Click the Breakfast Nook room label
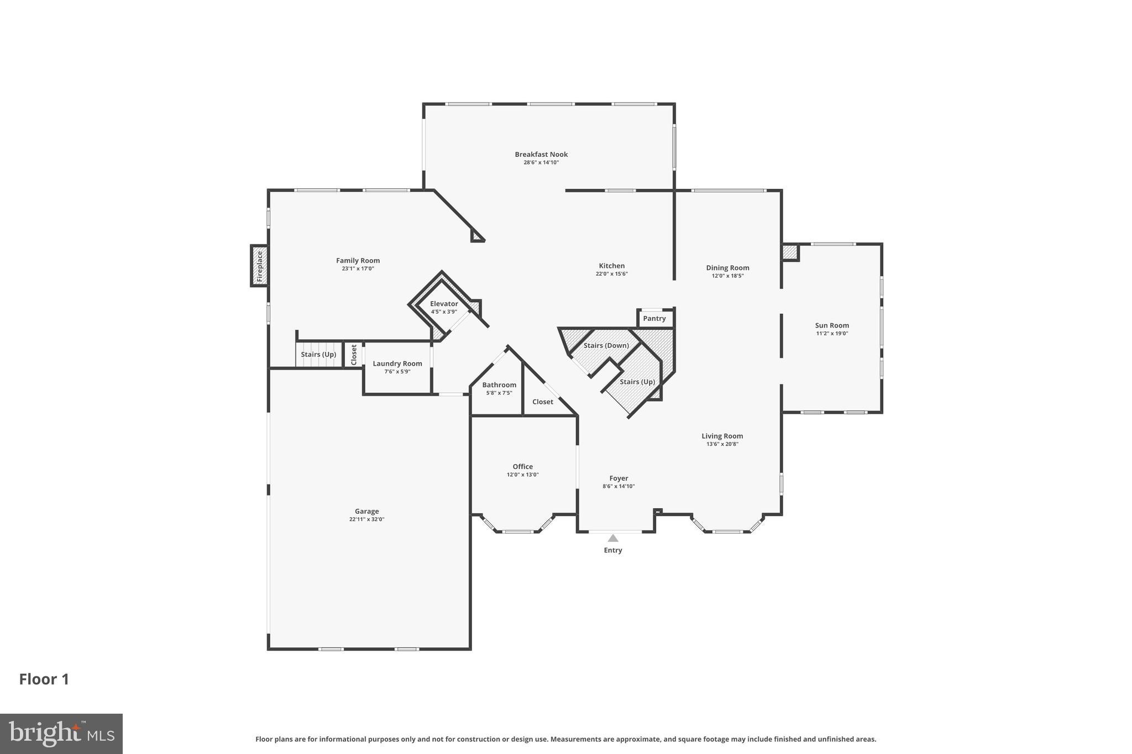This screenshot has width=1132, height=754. coord(541,155)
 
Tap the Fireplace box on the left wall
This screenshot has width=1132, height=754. coord(259,266)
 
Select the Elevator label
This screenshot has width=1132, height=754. coord(444,304)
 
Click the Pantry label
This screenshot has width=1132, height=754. coord(654,319)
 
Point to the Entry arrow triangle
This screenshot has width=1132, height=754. coord(612,538)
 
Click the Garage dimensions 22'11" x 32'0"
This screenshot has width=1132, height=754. coord(366,519)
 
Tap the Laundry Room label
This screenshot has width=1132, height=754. coord(397,363)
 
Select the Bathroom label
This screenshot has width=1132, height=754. coord(499,385)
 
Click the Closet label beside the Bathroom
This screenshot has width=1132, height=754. coord(542,402)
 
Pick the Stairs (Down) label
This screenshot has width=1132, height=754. coord(606,345)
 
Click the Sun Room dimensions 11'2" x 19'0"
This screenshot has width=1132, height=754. coord(831,334)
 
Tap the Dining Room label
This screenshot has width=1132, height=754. coord(727,268)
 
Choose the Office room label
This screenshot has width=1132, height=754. coord(522,467)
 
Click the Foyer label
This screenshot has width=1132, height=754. coord(619,478)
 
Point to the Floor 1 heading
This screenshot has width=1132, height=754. coord(44,679)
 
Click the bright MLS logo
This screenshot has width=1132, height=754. coord(61,734)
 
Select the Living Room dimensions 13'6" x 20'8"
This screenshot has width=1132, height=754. coord(722,444)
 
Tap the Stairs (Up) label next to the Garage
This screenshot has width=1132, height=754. coord(318,355)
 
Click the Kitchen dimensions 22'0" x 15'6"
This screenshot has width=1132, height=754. coord(611,274)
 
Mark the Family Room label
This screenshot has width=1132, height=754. coord(358,261)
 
